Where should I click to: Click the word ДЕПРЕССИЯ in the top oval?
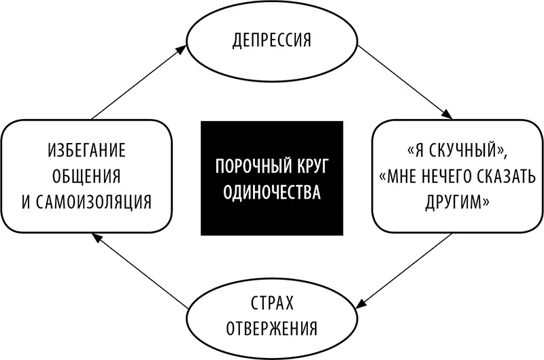(x=271, y=39)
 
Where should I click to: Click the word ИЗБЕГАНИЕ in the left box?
(x=86, y=150)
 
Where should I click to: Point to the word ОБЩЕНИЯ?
(x=86, y=176)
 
